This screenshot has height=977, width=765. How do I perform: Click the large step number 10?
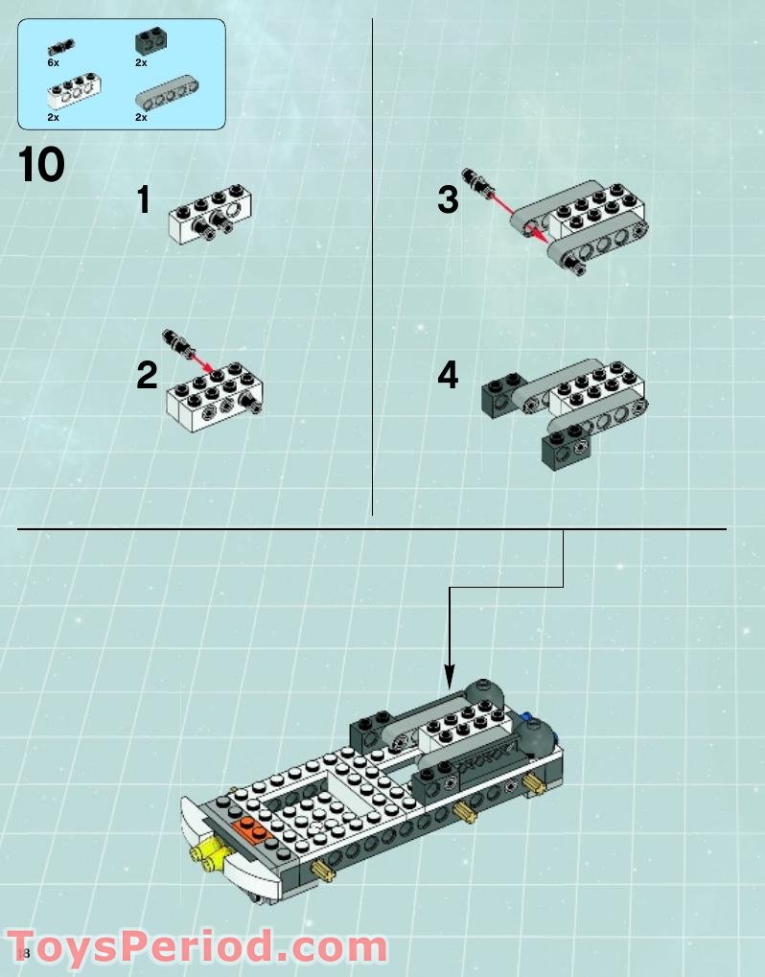tap(41, 165)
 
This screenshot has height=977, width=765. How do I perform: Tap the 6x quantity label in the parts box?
tap(53, 61)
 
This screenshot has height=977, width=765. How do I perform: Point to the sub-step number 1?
tap(144, 201)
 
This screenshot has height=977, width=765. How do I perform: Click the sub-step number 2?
tap(146, 375)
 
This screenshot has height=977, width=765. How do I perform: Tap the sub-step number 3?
tap(448, 201)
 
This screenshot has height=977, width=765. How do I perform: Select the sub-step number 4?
tap(448, 375)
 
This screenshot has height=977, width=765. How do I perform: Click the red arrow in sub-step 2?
tap(200, 360)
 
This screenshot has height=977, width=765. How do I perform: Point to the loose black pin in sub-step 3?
tap(475, 179)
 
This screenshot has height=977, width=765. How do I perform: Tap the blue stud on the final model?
tap(526, 715)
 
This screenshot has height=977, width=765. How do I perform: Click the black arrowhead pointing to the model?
tap(448, 679)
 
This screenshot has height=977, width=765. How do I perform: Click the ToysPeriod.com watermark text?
tap(197, 948)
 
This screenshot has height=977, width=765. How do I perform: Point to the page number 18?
tap(23, 954)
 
